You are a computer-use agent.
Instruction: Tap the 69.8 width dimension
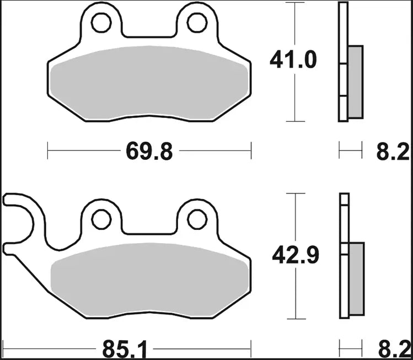149,151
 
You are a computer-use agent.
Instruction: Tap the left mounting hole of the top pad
101,22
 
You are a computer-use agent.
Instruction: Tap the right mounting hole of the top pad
197,22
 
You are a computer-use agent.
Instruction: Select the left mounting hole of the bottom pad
101,219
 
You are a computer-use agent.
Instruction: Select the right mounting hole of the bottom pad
197,219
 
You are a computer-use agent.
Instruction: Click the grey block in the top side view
356,82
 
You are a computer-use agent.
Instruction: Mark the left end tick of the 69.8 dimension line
48,151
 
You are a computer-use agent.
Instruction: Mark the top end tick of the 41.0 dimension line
297,3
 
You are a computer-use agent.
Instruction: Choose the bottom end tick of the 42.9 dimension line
297,319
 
